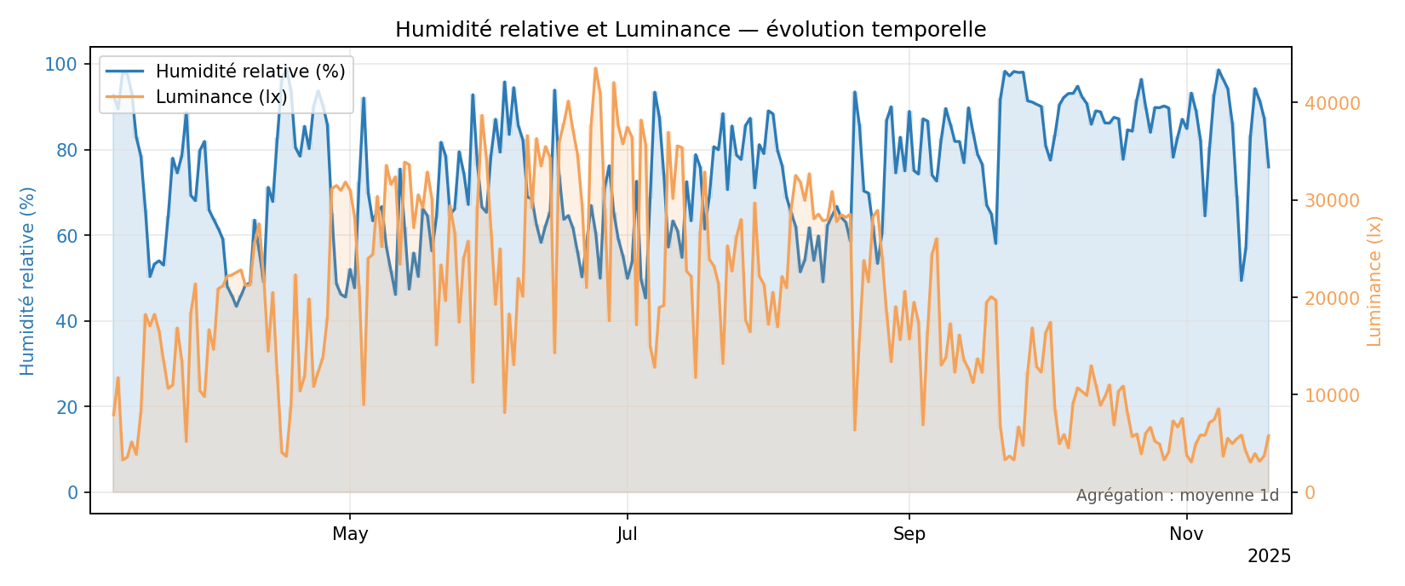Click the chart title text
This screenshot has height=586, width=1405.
[691, 30]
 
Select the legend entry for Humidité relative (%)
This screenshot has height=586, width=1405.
[249, 72]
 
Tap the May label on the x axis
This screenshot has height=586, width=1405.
[350, 535]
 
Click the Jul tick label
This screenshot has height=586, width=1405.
[628, 535]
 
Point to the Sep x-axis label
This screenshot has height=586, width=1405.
[909, 535]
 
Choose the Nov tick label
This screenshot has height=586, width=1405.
[1186, 535]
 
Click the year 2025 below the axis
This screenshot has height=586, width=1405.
[1269, 557]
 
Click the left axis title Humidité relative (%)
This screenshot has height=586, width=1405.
[28, 280]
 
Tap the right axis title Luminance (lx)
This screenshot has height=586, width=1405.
[1374, 280]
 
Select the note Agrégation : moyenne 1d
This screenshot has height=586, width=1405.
[1177, 496]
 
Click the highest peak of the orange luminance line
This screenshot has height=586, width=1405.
[595, 68]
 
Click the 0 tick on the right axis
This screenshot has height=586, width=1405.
[1309, 493]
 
